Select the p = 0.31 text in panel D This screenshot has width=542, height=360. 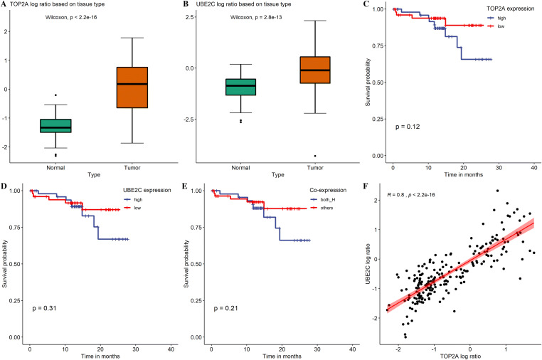point(44,308)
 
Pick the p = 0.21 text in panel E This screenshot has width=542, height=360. point(226,308)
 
